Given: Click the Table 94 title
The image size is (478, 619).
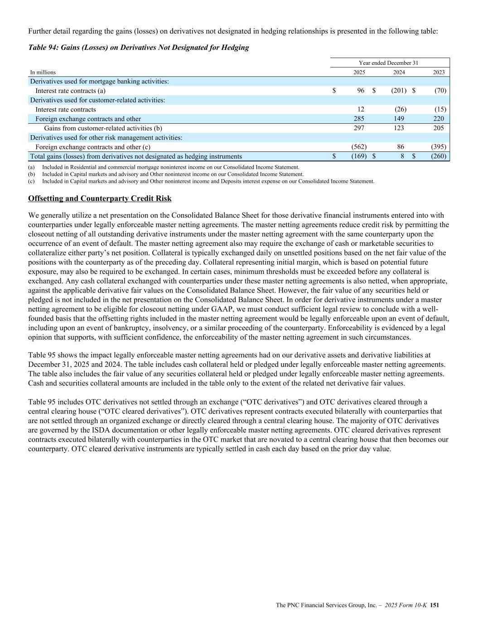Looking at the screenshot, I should (x=138, y=48).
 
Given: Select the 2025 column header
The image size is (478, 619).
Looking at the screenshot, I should (x=359, y=72).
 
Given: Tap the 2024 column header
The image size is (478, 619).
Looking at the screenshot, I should (x=399, y=72).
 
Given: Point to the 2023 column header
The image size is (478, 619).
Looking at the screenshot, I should (x=439, y=72).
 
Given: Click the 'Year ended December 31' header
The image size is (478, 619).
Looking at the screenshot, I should (x=391, y=63).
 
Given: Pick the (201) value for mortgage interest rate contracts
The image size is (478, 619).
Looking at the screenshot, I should (x=399, y=91).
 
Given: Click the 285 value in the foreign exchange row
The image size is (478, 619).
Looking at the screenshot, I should (x=359, y=119).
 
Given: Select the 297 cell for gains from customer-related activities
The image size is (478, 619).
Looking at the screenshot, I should (x=359, y=128).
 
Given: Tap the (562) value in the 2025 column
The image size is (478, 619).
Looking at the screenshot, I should (x=359, y=147).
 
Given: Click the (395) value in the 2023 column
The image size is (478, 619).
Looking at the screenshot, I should (x=439, y=147).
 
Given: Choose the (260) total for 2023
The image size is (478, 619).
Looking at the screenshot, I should (x=439, y=156).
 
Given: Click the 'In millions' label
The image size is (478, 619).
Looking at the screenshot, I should (x=43, y=72).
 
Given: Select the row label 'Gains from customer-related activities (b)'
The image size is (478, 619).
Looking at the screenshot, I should (x=103, y=128).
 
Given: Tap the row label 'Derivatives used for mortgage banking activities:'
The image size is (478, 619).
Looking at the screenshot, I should (x=99, y=82).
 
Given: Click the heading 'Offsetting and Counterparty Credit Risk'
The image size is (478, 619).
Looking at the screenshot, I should (x=100, y=199).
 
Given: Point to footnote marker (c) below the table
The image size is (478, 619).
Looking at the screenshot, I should (x=31, y=181).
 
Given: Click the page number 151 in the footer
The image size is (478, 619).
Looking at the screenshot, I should (x=435, y=605).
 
